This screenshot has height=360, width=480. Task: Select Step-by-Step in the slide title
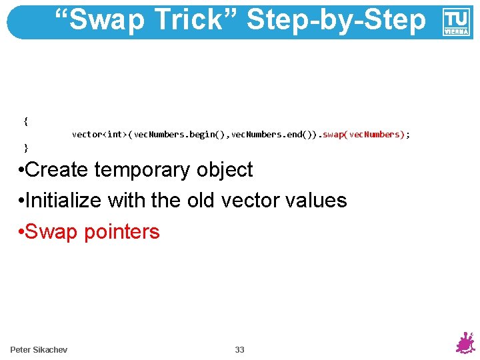[336, 20]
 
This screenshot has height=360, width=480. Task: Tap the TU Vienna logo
[457, 22]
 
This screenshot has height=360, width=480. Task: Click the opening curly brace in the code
[25, 121]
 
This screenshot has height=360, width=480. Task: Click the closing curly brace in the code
[25, 147]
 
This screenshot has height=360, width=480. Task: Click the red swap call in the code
[364, 135]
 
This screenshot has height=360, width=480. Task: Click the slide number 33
[239, 350]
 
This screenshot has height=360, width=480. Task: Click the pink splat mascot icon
[464, 343]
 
